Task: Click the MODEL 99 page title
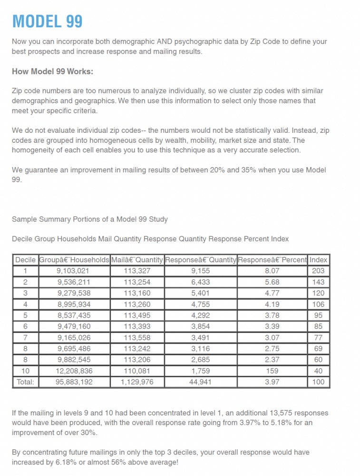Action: pos(47,21)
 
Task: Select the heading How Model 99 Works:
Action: pos(52,72)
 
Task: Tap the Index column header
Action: pos(318,260)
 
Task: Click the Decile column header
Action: pos(25,260)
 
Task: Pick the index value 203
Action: pos(318,271)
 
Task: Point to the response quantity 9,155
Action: pos(200,271)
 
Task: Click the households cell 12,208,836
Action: pos(74,371)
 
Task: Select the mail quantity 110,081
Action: pos(137,371)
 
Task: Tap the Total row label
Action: pos(25,382)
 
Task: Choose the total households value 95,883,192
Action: pos(74,382)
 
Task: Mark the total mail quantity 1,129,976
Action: pos(137,382)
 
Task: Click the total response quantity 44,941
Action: pos(200,382)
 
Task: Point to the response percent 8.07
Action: pos(272,271)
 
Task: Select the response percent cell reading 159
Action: pos(272,371)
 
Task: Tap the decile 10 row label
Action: pos(25,371)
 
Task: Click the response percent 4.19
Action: pos(272,304)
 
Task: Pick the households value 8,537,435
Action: pos(74,315)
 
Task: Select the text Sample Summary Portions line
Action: pos(90,219)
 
